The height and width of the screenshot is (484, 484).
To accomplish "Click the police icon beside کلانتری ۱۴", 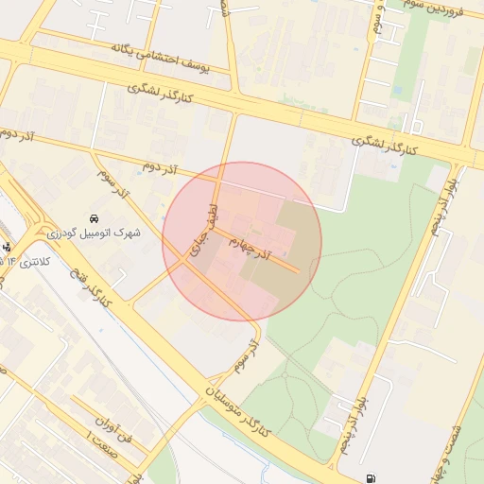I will coord(9,248).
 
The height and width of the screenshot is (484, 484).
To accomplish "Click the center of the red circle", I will coord(242,242).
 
